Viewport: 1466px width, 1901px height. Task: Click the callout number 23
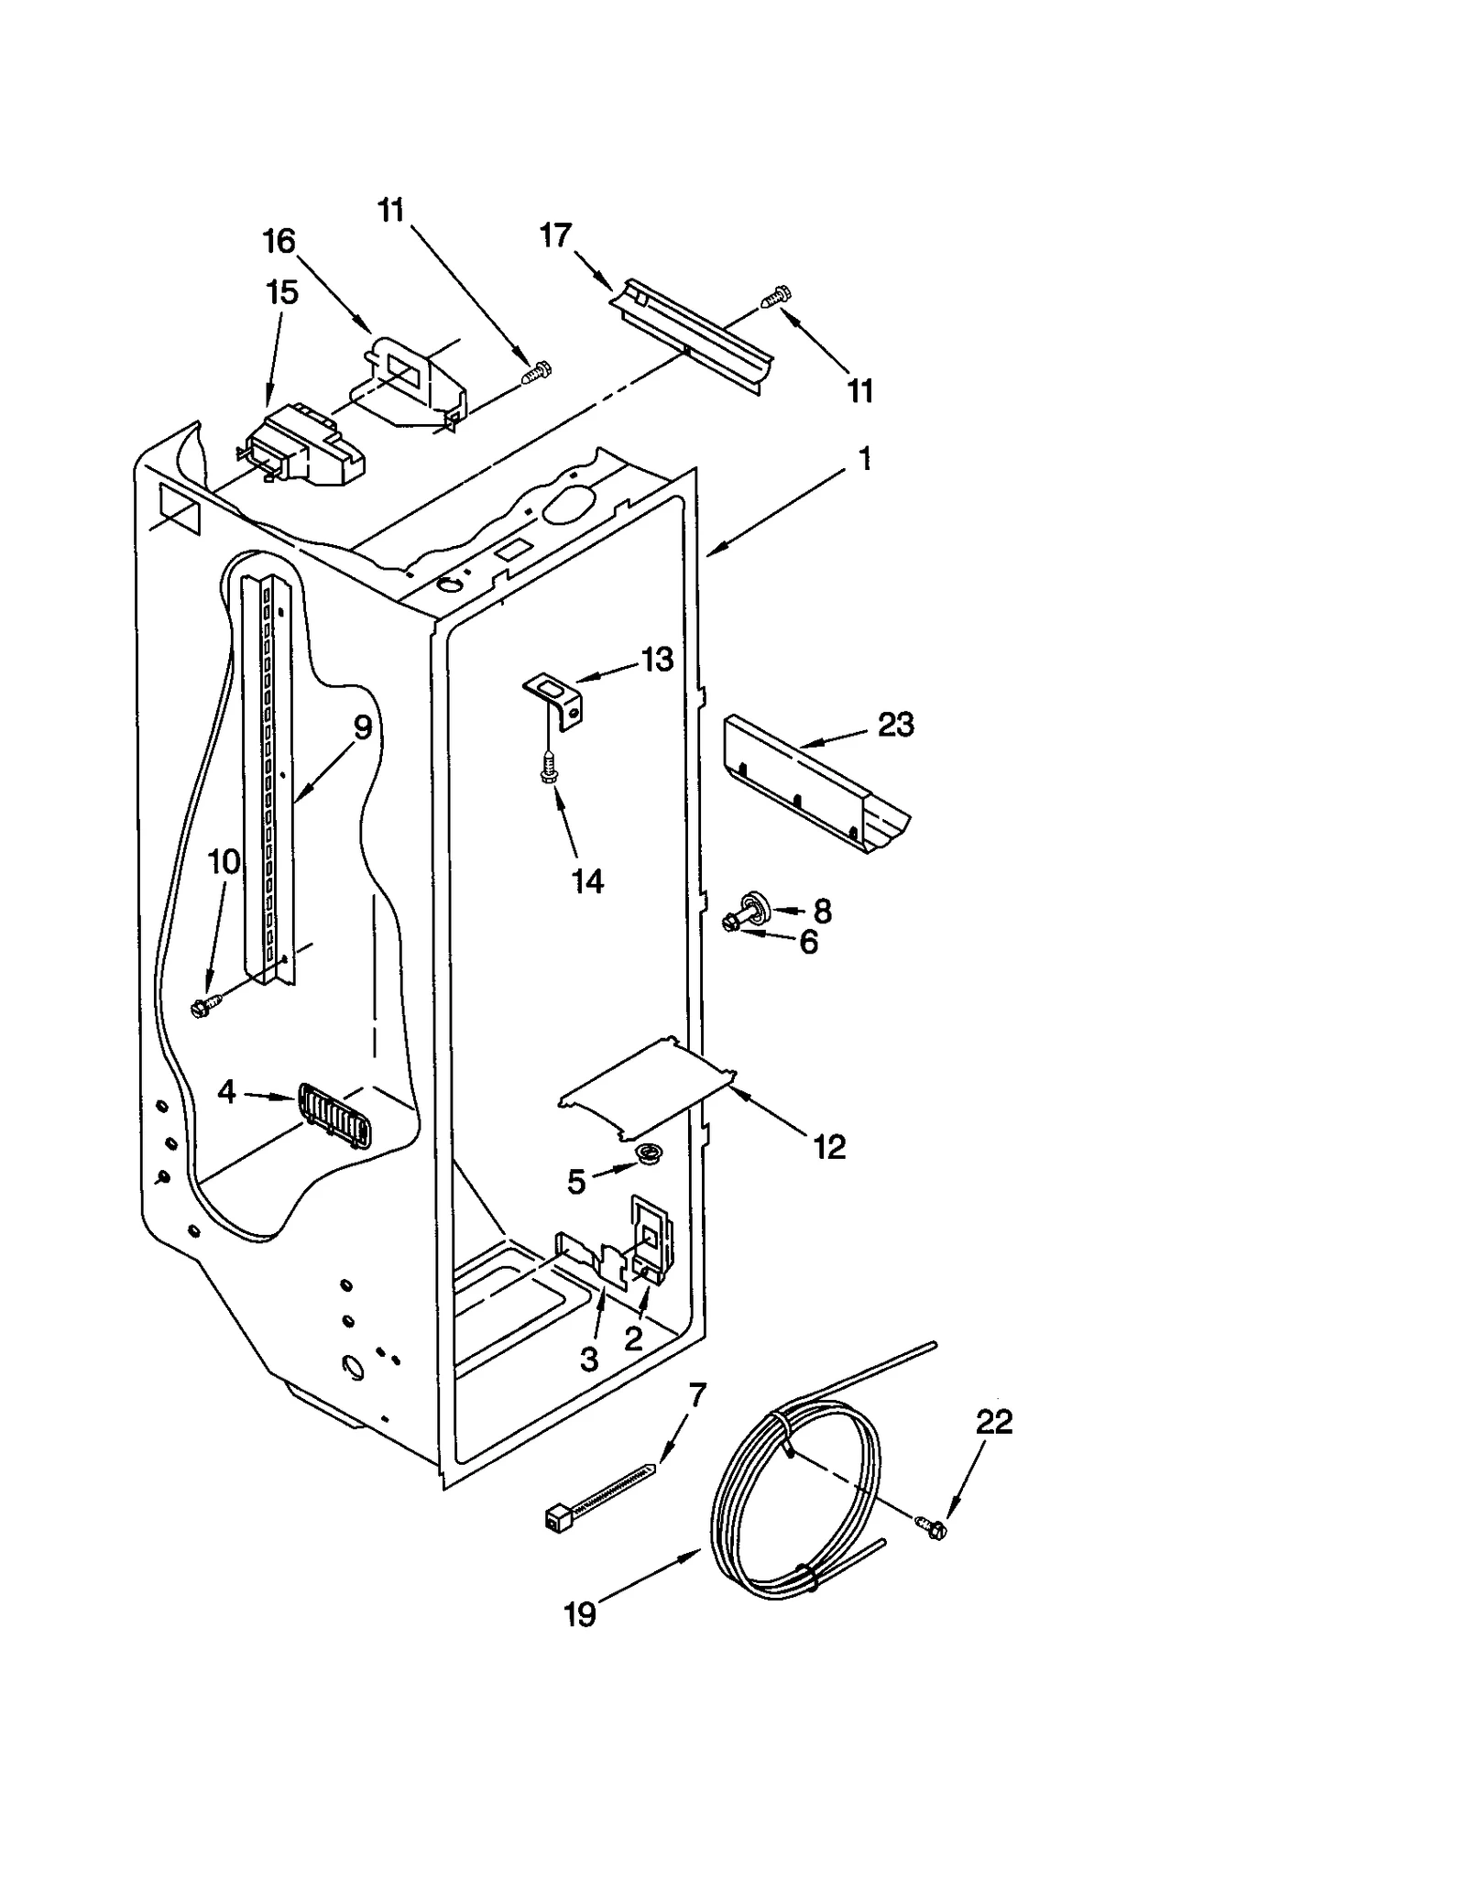coord(895,725)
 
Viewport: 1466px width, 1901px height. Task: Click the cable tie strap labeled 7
coord(600,1492)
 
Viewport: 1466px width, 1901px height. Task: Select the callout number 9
coord(363,728)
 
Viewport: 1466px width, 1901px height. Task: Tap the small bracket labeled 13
coord(555,698)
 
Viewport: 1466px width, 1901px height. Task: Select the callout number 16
coord(279,242)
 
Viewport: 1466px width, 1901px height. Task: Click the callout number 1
coord(864,459)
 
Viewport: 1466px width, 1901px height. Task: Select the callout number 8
coord(822,911)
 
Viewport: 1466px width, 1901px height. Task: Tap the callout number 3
coord(589,1360)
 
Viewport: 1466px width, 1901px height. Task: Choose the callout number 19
coord(579,1614)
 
